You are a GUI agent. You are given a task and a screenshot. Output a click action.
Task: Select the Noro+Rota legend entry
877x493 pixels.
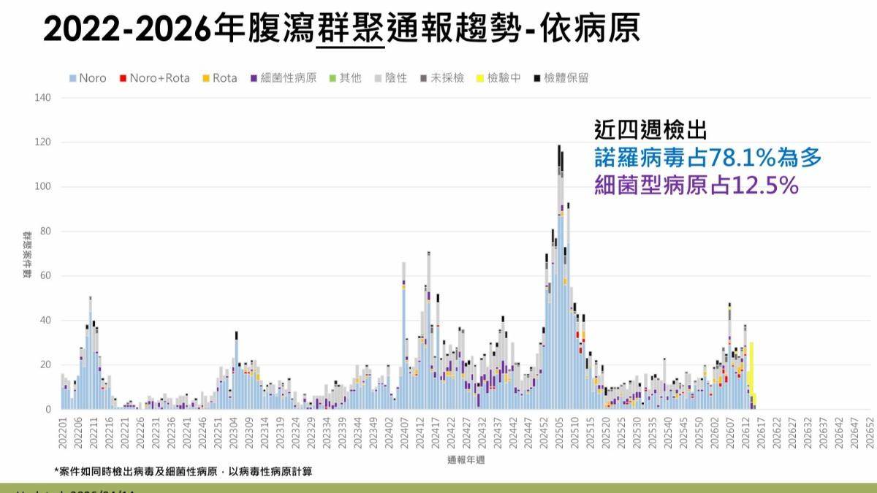[x=155, y=78]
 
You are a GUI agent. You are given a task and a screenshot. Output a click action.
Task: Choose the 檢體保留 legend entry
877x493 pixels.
[x=562, y=78]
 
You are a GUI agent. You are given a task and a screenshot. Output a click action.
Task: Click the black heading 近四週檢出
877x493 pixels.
[x=650, y=131]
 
